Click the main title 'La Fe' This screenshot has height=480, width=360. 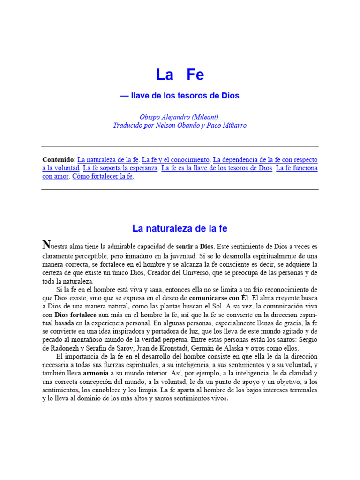[180, 75]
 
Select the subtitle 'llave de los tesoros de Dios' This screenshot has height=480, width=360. [183, 96]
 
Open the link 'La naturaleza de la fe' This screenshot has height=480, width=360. [108, 159]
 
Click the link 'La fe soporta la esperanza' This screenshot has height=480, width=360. [120, 168]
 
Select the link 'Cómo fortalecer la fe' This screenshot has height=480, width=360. [103, 176]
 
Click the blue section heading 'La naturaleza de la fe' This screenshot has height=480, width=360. [180, 229]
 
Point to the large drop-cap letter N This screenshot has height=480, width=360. [46, 244]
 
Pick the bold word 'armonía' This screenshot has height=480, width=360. [96, 374]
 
